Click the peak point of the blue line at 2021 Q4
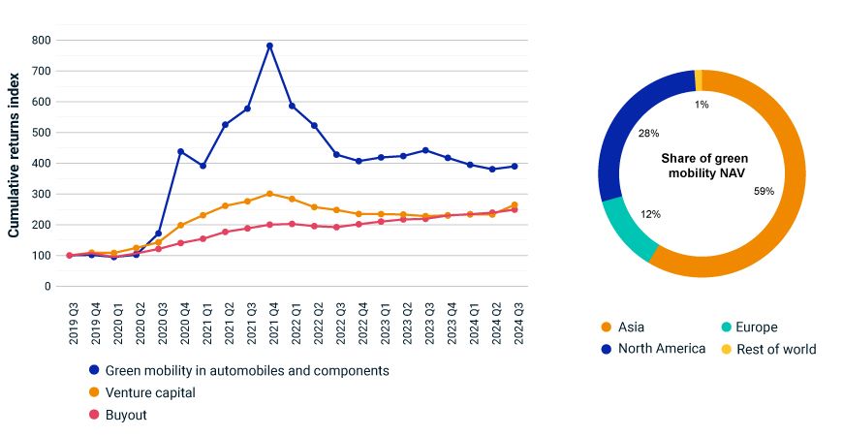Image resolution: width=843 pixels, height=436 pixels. click(x=269, y=46)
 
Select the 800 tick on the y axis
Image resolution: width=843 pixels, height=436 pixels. click(x=40, y=40)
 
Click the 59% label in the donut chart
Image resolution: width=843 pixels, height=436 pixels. click(x=764, y=191)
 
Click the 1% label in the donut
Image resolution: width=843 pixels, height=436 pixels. click(x=701, y=105)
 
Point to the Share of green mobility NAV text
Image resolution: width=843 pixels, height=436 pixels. click(x=703, y=166)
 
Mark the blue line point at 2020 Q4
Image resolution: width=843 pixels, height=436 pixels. click(x=180, y=151)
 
